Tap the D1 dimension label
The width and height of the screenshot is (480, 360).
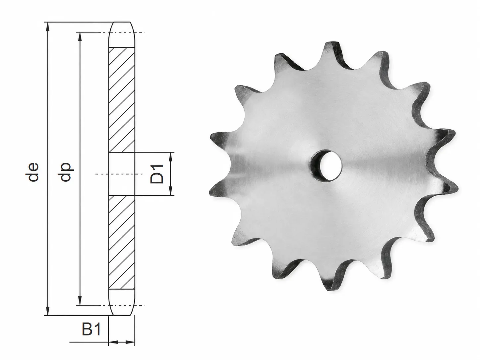tap(157, 174)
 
